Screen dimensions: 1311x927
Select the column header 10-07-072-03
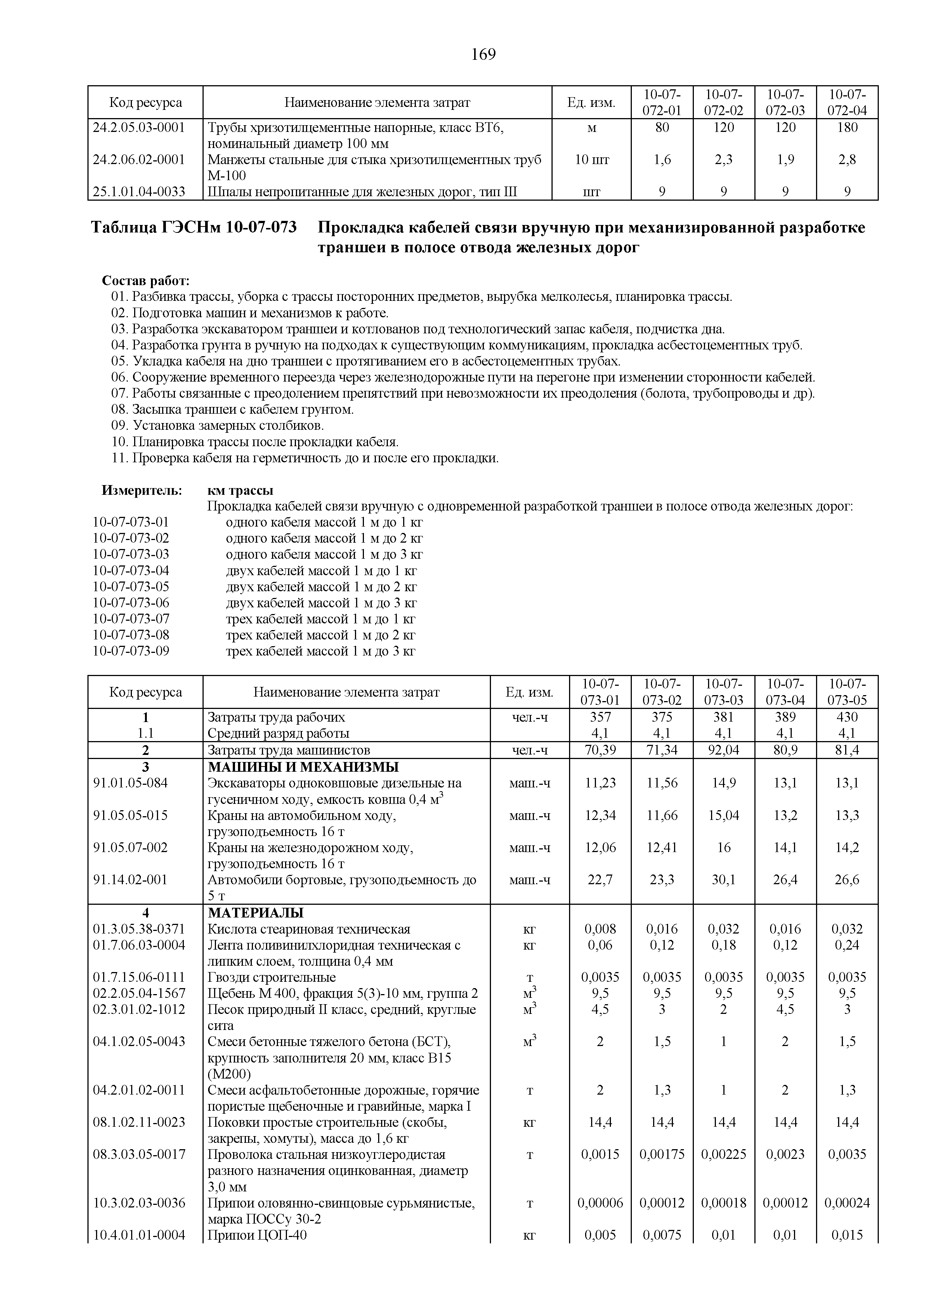[785, 102]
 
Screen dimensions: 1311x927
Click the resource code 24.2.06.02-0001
[139, 159]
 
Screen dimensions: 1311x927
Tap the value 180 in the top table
[847, 127]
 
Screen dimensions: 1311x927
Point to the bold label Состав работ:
[146, 281]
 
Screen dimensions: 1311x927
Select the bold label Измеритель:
[142, 490]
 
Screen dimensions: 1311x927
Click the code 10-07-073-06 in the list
[131, 602]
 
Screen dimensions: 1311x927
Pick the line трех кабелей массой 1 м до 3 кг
[320, 651]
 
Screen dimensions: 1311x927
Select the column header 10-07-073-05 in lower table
[847, 692]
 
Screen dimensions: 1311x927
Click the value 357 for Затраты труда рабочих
[600, 717]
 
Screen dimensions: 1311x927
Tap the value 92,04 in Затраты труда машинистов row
[724, 750]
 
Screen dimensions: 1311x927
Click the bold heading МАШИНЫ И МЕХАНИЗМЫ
[303, 767]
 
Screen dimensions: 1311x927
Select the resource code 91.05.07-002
[131, 847]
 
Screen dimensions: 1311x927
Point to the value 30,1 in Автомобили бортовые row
[724, 880]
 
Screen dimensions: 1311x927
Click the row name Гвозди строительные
[272, 977]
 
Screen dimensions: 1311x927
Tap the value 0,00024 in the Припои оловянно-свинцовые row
[847, 1203]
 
